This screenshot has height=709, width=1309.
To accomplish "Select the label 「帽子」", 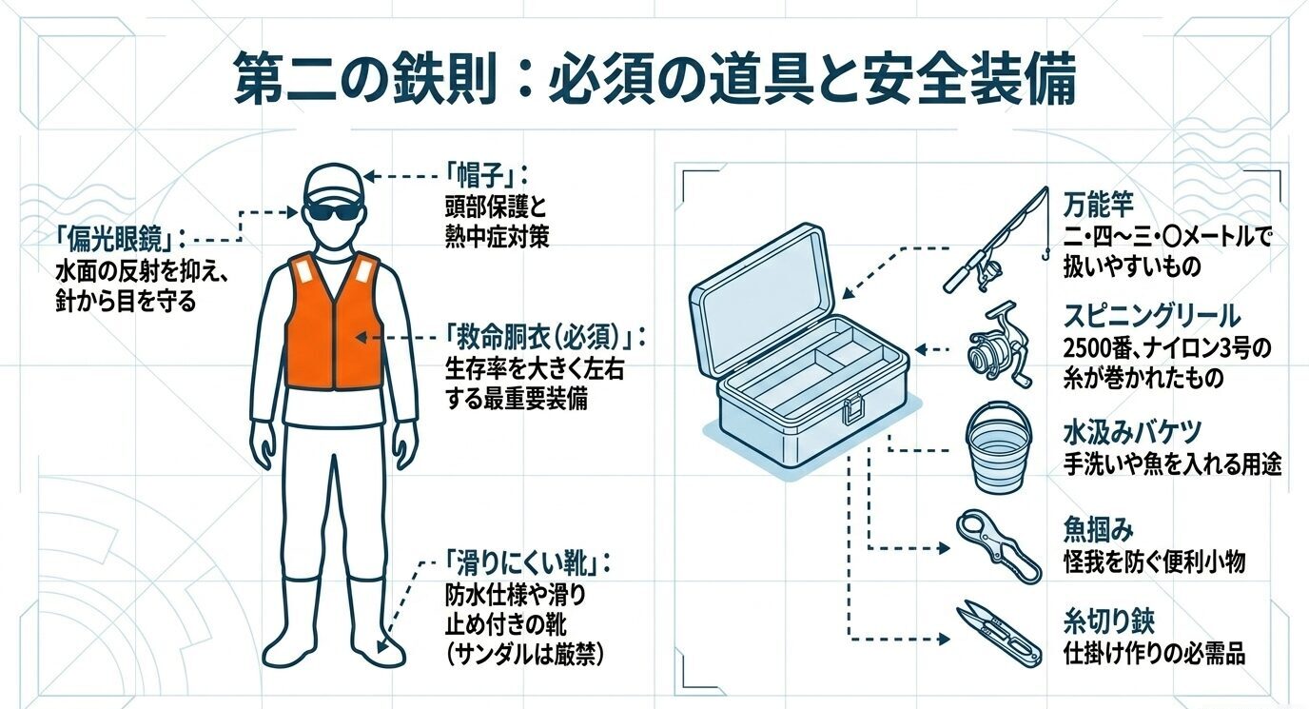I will click(x=486, y=177).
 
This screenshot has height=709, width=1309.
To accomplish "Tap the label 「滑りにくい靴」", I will click(x=526, y=564).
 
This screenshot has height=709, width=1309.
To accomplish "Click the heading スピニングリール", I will click(x=1151, y=316).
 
